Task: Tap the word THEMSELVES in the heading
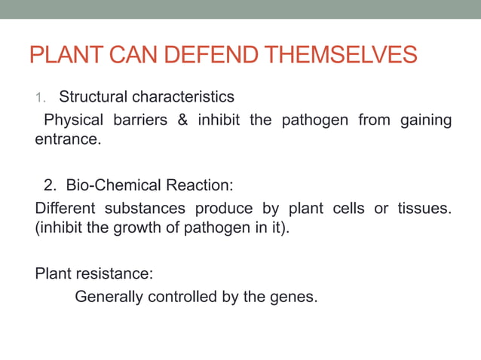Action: pos(352,55)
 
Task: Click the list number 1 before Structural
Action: pos(41,98)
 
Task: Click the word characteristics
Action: pos(183,97)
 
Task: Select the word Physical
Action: pos(73,121)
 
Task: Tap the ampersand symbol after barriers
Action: pos(182,121)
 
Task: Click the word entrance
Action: pos(66,140)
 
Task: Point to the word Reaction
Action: pos(193,185)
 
